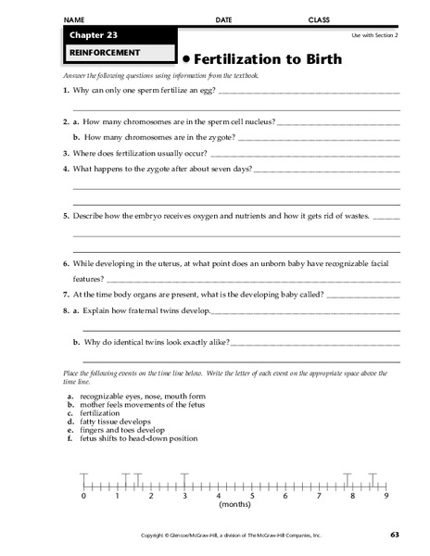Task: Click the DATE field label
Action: [224, 19]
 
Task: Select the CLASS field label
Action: [320, 19]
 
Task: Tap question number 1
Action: [66, 90]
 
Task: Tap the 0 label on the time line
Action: [83, 496]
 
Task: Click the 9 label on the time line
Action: [385, 496]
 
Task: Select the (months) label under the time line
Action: [234, 505]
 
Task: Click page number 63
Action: [394, 535]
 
